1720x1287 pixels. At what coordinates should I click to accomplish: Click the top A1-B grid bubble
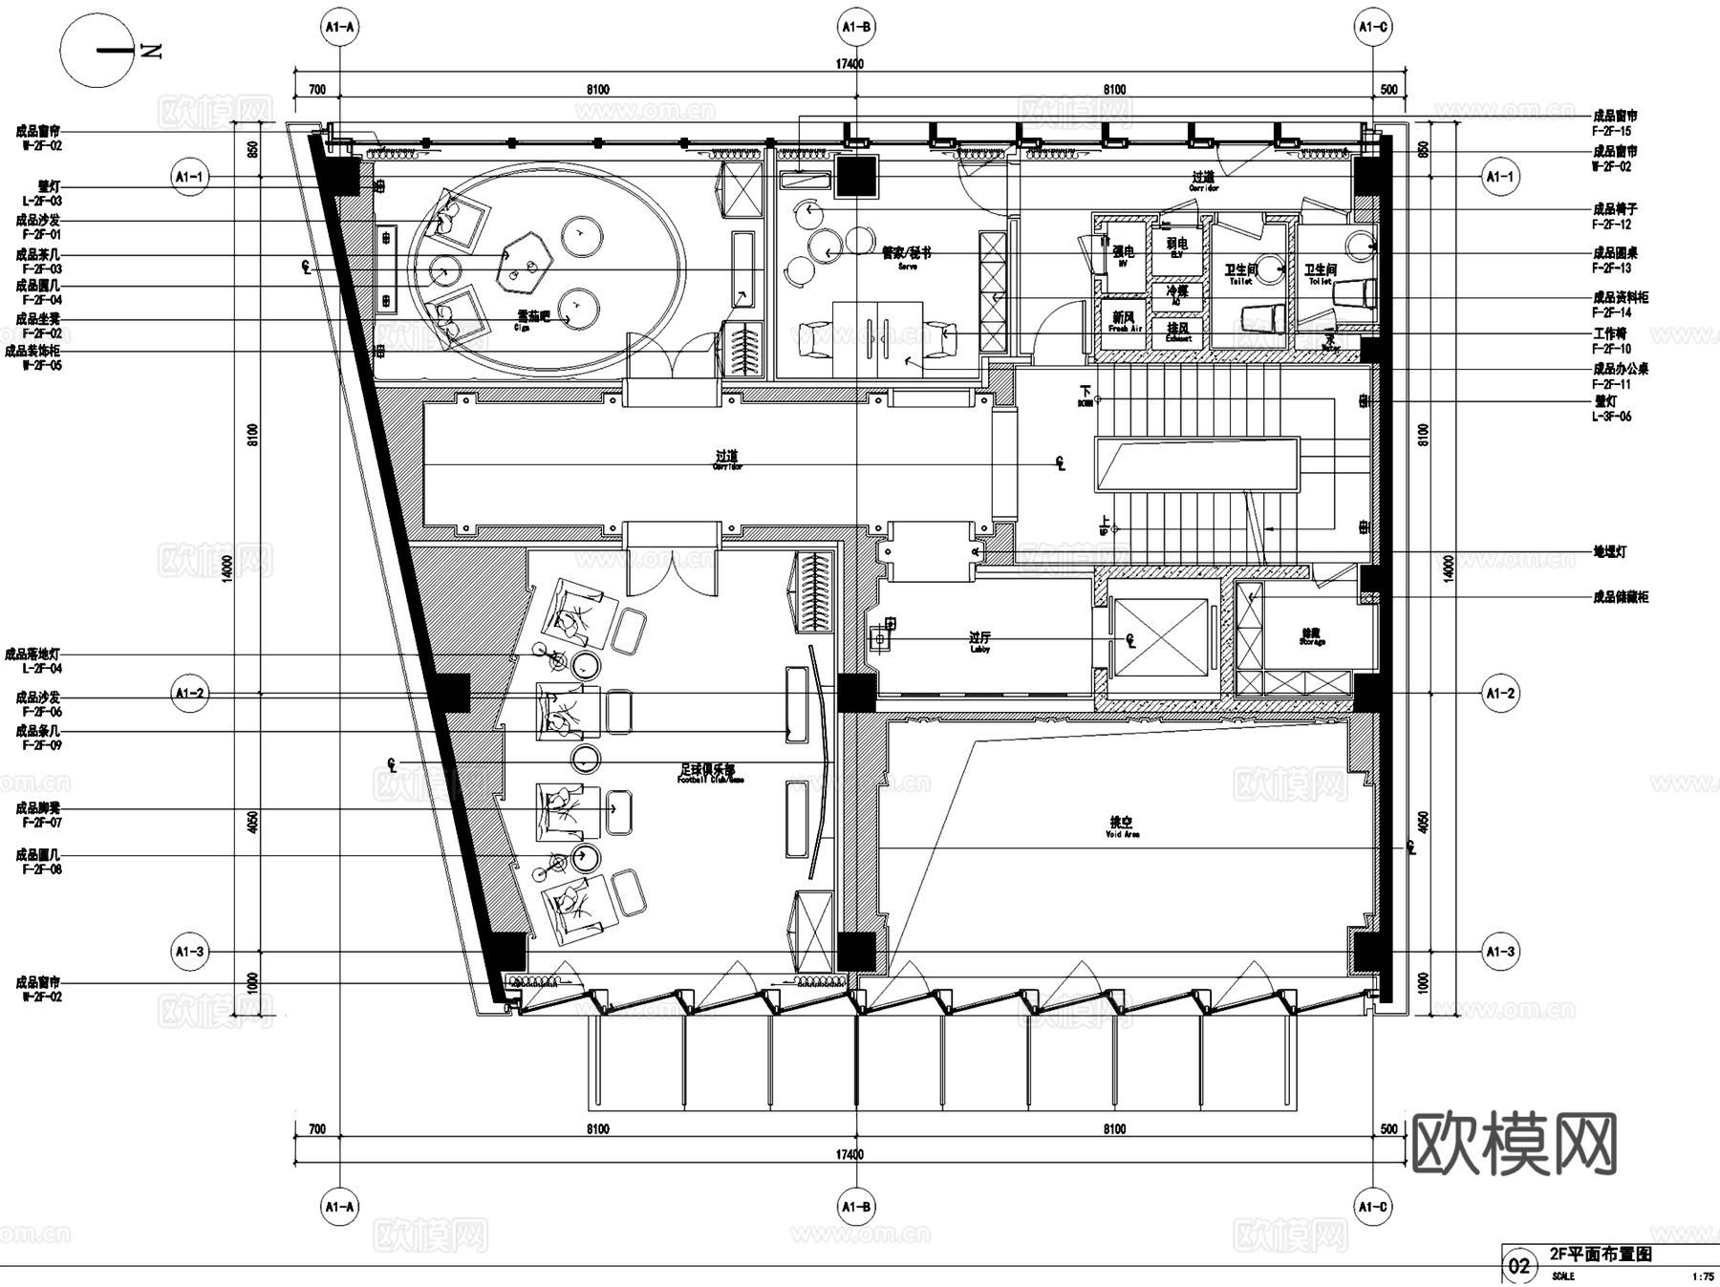click(x=856, y=28)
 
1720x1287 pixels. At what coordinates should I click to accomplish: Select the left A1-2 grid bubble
click(x=189, y=694)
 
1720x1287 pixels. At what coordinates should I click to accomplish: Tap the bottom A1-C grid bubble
click(x=1373, y=1208)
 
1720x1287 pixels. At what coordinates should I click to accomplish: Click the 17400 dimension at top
click(x=849, y=64)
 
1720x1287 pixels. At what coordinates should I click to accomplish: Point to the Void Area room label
click(x=1122, y=826)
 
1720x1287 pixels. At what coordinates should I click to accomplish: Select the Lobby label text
click(x=979, y=641)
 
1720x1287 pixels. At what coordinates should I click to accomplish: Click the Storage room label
click(x=1311, y=636)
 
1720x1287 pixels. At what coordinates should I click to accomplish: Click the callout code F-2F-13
click(x=1611, y=268)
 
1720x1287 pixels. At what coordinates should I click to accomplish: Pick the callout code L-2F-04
click(x=41, y=669)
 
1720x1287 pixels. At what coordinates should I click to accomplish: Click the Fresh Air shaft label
click(x=1124, y=321)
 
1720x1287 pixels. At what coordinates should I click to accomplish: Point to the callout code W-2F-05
click(x=41, y=365)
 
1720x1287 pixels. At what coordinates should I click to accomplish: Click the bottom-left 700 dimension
click(x=317, y=1129)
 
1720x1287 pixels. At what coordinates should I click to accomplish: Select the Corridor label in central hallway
click(x=727, y=461)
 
